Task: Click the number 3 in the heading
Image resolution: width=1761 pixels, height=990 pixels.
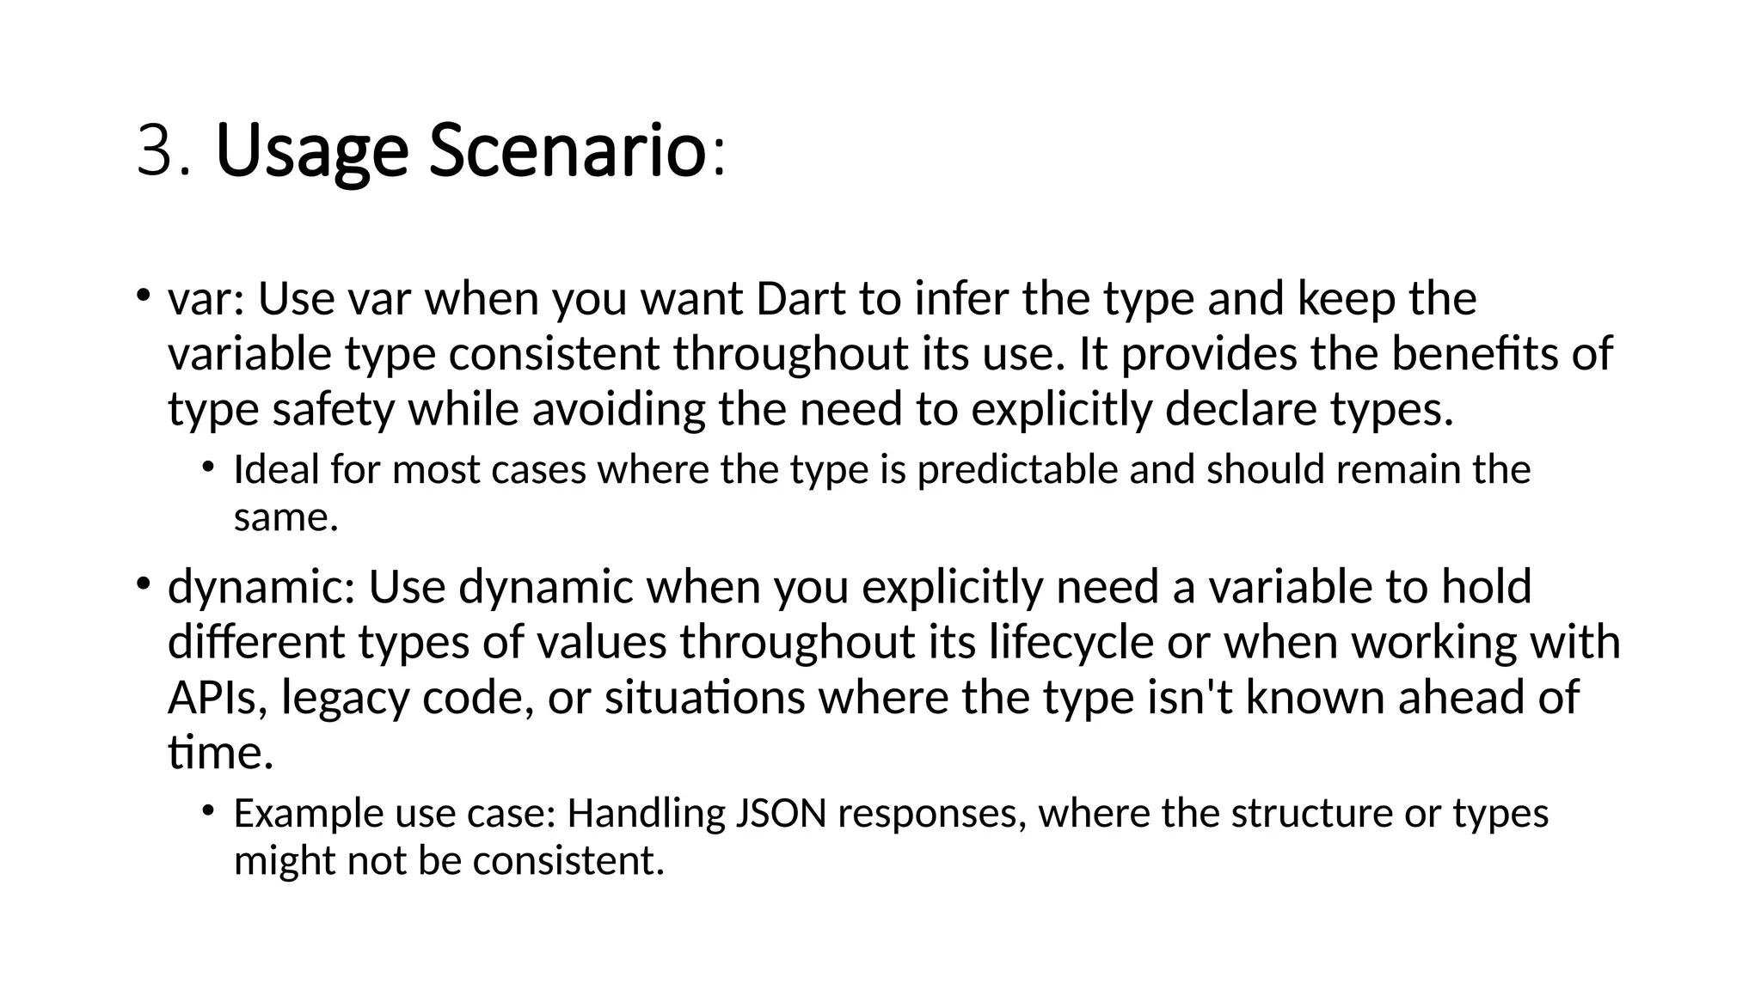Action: (156, 151)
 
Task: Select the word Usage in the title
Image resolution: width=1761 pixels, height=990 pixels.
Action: (311, 151)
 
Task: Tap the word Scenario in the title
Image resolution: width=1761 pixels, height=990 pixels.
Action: (567, 151)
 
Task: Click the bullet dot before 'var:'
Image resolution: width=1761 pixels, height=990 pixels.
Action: (142, 296)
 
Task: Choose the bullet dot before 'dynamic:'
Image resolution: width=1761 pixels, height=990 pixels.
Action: (142, 584)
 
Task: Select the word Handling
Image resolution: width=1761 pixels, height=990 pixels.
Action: (646, 813)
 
